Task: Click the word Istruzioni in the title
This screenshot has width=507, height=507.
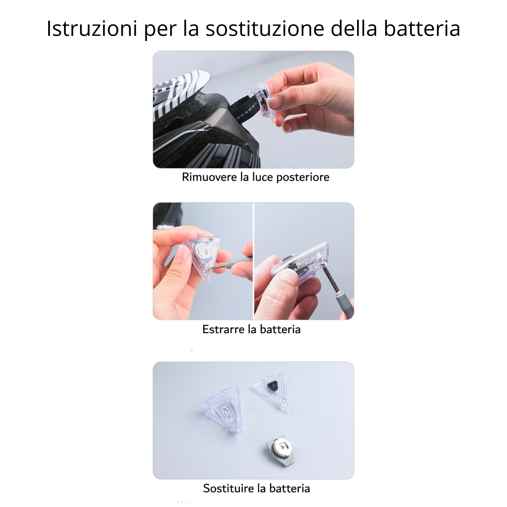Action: (92, 28)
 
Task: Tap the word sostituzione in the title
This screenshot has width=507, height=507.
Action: (265, 28)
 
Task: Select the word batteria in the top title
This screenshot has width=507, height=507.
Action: (422, 28)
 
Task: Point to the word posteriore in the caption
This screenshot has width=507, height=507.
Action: (303, 177)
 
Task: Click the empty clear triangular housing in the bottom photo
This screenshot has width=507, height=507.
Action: (223, 409)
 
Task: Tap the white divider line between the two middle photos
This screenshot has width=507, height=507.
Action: (253, 261)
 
